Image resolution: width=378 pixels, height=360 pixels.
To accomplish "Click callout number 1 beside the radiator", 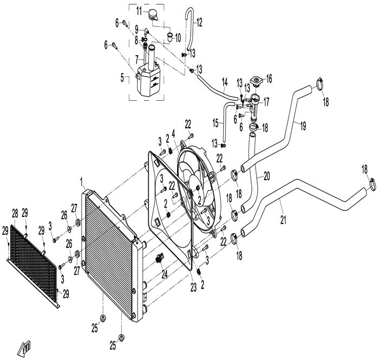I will tap(82, 181).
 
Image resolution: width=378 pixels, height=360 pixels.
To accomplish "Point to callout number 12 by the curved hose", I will tap(200, 22).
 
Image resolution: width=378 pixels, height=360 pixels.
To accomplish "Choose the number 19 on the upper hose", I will tap(303, 125).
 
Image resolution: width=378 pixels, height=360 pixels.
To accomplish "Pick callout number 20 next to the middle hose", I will tap(266, 176).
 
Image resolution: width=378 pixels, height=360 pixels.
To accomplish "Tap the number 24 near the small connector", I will tap(165, 275).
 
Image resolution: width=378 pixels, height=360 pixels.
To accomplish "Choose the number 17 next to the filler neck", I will tap(266, 101).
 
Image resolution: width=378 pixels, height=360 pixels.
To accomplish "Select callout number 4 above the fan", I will tap(173, 132).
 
